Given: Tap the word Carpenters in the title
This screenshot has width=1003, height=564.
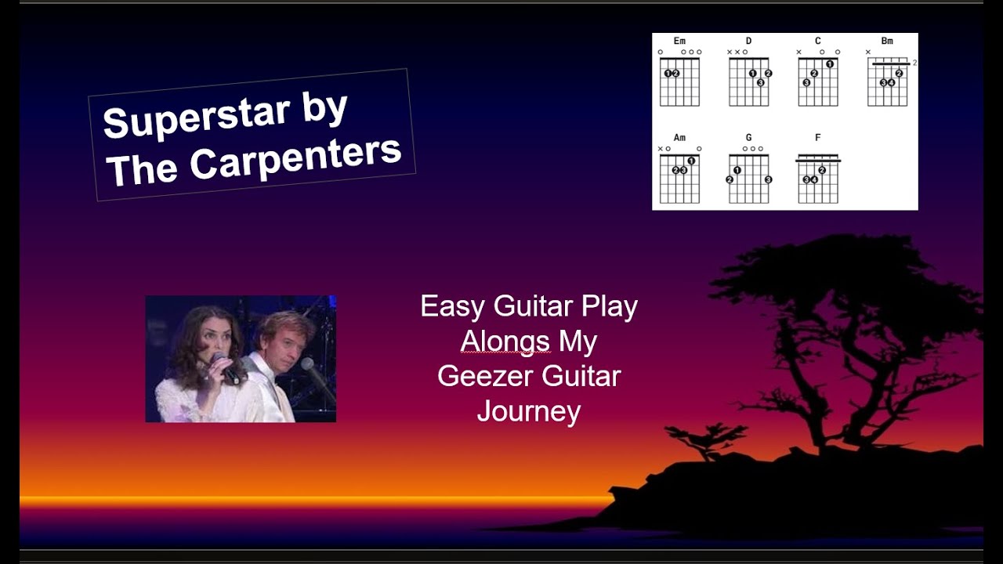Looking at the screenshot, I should [x=295, y=157].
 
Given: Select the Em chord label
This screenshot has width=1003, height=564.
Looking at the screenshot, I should [x=679, y=41].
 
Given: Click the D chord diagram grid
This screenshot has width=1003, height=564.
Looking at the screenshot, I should [x=748, y=81].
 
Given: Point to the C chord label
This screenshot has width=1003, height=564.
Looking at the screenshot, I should [x=817, y=41].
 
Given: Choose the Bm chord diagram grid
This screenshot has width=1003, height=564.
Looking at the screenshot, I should [x=887, y=82].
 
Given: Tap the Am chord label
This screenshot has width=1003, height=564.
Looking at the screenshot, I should [x=679, y=138].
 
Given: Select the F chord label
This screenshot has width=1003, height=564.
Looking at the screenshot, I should [x=817, y=138].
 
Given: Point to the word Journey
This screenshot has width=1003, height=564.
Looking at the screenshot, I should [x=528, y=411].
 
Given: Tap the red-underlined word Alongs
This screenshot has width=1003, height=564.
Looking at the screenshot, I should [x=505, y=342].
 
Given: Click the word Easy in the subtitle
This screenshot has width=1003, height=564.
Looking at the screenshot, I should [x=452, y=306].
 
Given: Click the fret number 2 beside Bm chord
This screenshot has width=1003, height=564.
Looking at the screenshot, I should [x=914, y=63].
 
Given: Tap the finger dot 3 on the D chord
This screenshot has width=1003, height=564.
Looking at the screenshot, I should [x=760, y=81].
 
